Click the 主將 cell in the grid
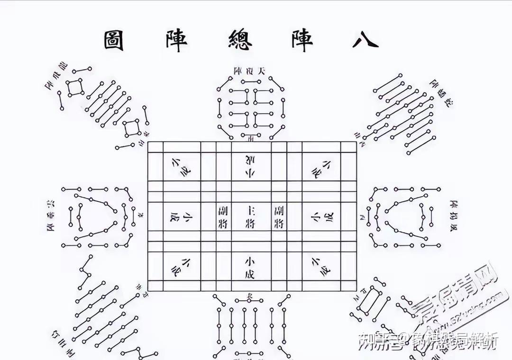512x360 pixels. click(x=250, y=216)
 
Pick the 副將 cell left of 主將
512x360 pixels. click(x=223, y=216)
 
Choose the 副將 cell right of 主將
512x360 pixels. click(x=278, y=216)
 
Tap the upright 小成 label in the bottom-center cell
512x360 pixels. click(x=250, y=267)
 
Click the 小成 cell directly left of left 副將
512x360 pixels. click(x=174, y=217)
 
